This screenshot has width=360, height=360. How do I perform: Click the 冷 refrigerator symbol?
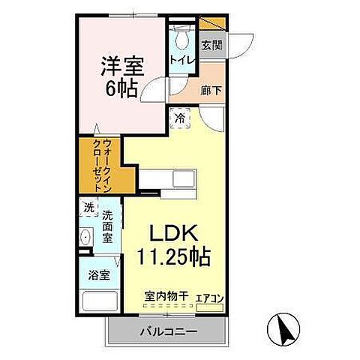(x=180, y=117)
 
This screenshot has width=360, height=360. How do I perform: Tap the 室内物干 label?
(x=165, y=297)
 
